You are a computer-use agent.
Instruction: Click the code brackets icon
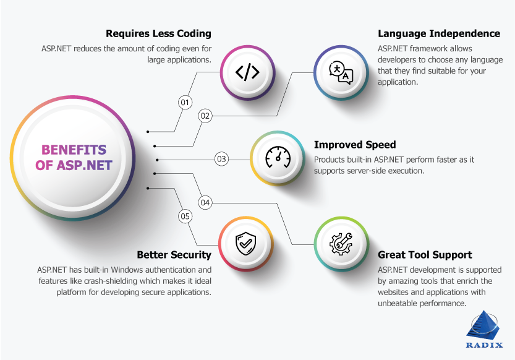pos(247,72)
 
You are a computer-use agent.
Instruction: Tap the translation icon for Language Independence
pos(341,72)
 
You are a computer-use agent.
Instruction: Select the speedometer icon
pos(278,158)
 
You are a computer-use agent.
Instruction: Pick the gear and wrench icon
pos(341,244)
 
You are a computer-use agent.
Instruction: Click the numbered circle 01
pos(185,102)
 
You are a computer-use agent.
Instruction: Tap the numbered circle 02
pos(205,116)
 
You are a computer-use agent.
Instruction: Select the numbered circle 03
pos(221,159)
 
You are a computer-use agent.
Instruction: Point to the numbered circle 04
pos(205,202)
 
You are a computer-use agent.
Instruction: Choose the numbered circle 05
pos(185,216)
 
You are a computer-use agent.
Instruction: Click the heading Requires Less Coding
pos(158,33)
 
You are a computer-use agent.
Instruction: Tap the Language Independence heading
pos(439,33)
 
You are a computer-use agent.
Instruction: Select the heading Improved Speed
pos(355,145)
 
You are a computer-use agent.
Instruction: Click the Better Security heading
pos(174,255)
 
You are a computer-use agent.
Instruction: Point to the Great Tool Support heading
pos(425,255)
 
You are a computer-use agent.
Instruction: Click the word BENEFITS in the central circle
pos(74,150)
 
